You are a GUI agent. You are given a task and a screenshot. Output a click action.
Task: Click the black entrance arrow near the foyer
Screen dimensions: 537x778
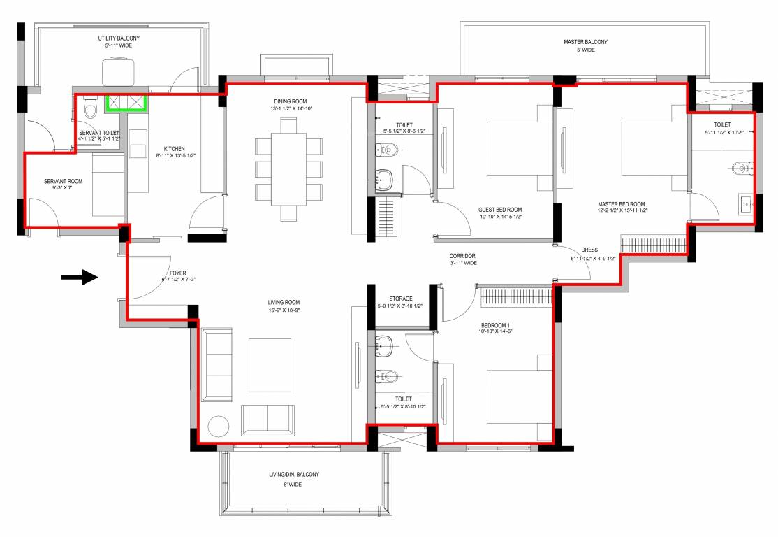(x=79, y=278)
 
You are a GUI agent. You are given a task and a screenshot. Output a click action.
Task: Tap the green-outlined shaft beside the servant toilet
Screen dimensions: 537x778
(x=125, y=103)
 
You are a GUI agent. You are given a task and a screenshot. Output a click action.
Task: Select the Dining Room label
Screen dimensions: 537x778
(x=290, y=101)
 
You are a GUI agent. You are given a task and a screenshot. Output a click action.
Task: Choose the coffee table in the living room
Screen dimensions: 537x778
(x=270, y=365)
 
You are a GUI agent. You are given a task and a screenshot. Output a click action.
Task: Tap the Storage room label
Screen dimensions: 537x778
(x=400, y=298)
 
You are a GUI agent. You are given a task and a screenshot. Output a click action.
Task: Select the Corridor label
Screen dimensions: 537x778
(x=463, y=256)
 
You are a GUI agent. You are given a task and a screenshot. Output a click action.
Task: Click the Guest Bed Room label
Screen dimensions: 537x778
(x=500, y=210)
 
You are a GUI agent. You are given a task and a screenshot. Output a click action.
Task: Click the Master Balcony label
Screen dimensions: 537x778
(x=585, y=42)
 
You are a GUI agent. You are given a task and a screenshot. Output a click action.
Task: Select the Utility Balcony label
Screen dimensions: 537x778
(x=115, y=38)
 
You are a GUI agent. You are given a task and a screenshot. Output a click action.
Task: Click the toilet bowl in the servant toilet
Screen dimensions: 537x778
(x=89, y=110)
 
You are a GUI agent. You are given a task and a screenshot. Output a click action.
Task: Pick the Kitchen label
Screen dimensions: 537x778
(x=174, y=149)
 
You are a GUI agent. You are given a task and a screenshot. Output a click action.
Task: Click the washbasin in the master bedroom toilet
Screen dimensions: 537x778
(x=744, y=205)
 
